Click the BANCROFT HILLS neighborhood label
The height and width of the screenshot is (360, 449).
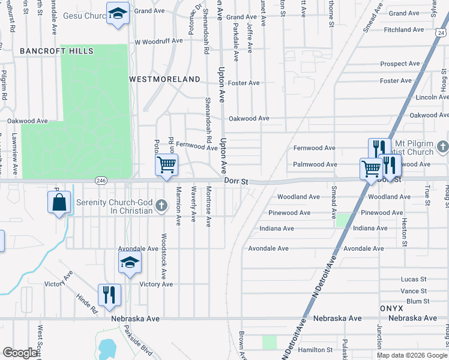point(56,51)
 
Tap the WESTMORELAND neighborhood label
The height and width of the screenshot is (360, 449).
point(164,79)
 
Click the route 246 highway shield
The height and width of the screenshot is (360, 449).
point(101,180)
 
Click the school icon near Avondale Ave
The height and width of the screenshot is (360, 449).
point(130,262)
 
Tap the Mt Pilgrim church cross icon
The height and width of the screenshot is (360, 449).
point(442,146)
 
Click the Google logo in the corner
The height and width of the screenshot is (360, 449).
point(20,353)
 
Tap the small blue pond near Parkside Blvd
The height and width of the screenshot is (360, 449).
point(106,347)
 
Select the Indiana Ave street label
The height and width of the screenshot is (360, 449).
point(277,229)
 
